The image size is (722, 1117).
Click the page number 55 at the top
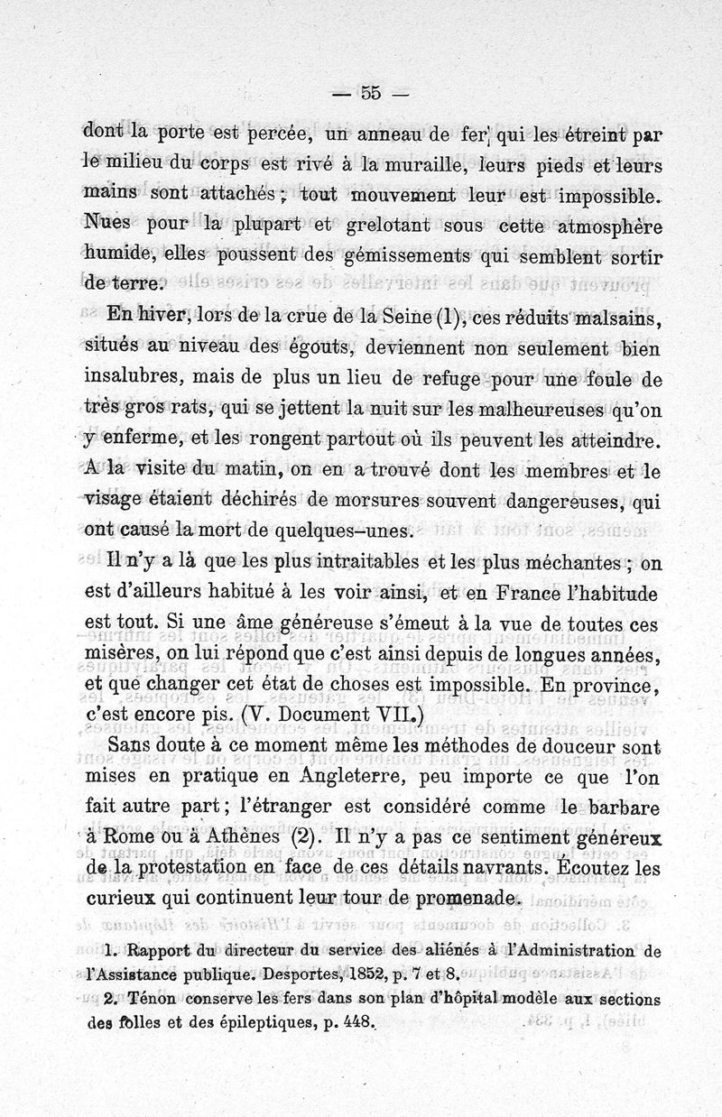pos(371,92)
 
